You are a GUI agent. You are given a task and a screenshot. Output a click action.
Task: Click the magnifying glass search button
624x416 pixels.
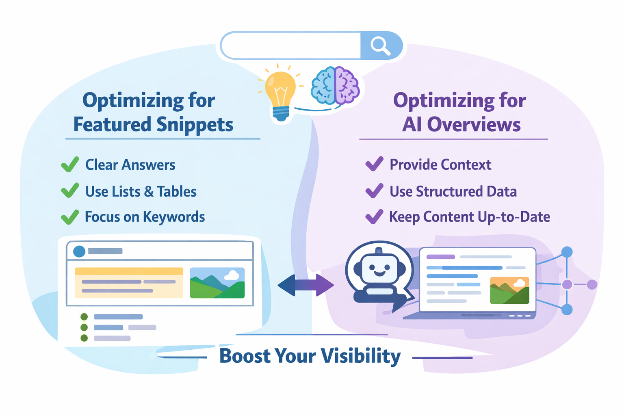[x=380, y=45]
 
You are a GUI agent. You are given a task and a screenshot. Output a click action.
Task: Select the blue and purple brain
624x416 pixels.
[x=335, y=85]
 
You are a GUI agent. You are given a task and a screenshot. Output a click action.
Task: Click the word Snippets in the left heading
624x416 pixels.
[x=195, y=125]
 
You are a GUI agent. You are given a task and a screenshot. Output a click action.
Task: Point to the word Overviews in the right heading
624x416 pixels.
[x=474, y=125]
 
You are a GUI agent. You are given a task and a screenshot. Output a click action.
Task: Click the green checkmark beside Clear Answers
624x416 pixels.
[x=70, y=165]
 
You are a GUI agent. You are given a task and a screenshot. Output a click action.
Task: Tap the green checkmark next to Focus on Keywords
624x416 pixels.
[x=70, y=217]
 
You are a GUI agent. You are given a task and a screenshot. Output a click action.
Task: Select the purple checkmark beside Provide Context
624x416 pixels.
[x=374, y=164]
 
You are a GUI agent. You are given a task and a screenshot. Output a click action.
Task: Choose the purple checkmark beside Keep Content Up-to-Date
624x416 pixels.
[x=374, y=217]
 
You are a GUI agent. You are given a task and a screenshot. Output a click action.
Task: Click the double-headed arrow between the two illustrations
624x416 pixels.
[x=305, y=285]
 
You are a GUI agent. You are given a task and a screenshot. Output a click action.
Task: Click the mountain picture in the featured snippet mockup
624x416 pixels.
[x=217, y=283]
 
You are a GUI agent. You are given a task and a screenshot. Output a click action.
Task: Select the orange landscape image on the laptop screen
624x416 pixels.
[x=509, y=290]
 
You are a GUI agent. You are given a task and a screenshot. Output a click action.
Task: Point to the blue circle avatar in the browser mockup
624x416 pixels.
[x=79, y=251]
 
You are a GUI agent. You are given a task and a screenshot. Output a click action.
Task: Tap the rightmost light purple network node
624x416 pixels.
[x=592, y=284]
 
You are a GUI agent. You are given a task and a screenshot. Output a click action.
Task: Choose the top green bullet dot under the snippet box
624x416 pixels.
[x=84, y=317]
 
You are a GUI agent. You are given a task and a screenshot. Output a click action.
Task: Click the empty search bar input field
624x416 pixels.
[x=291, y=45]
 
